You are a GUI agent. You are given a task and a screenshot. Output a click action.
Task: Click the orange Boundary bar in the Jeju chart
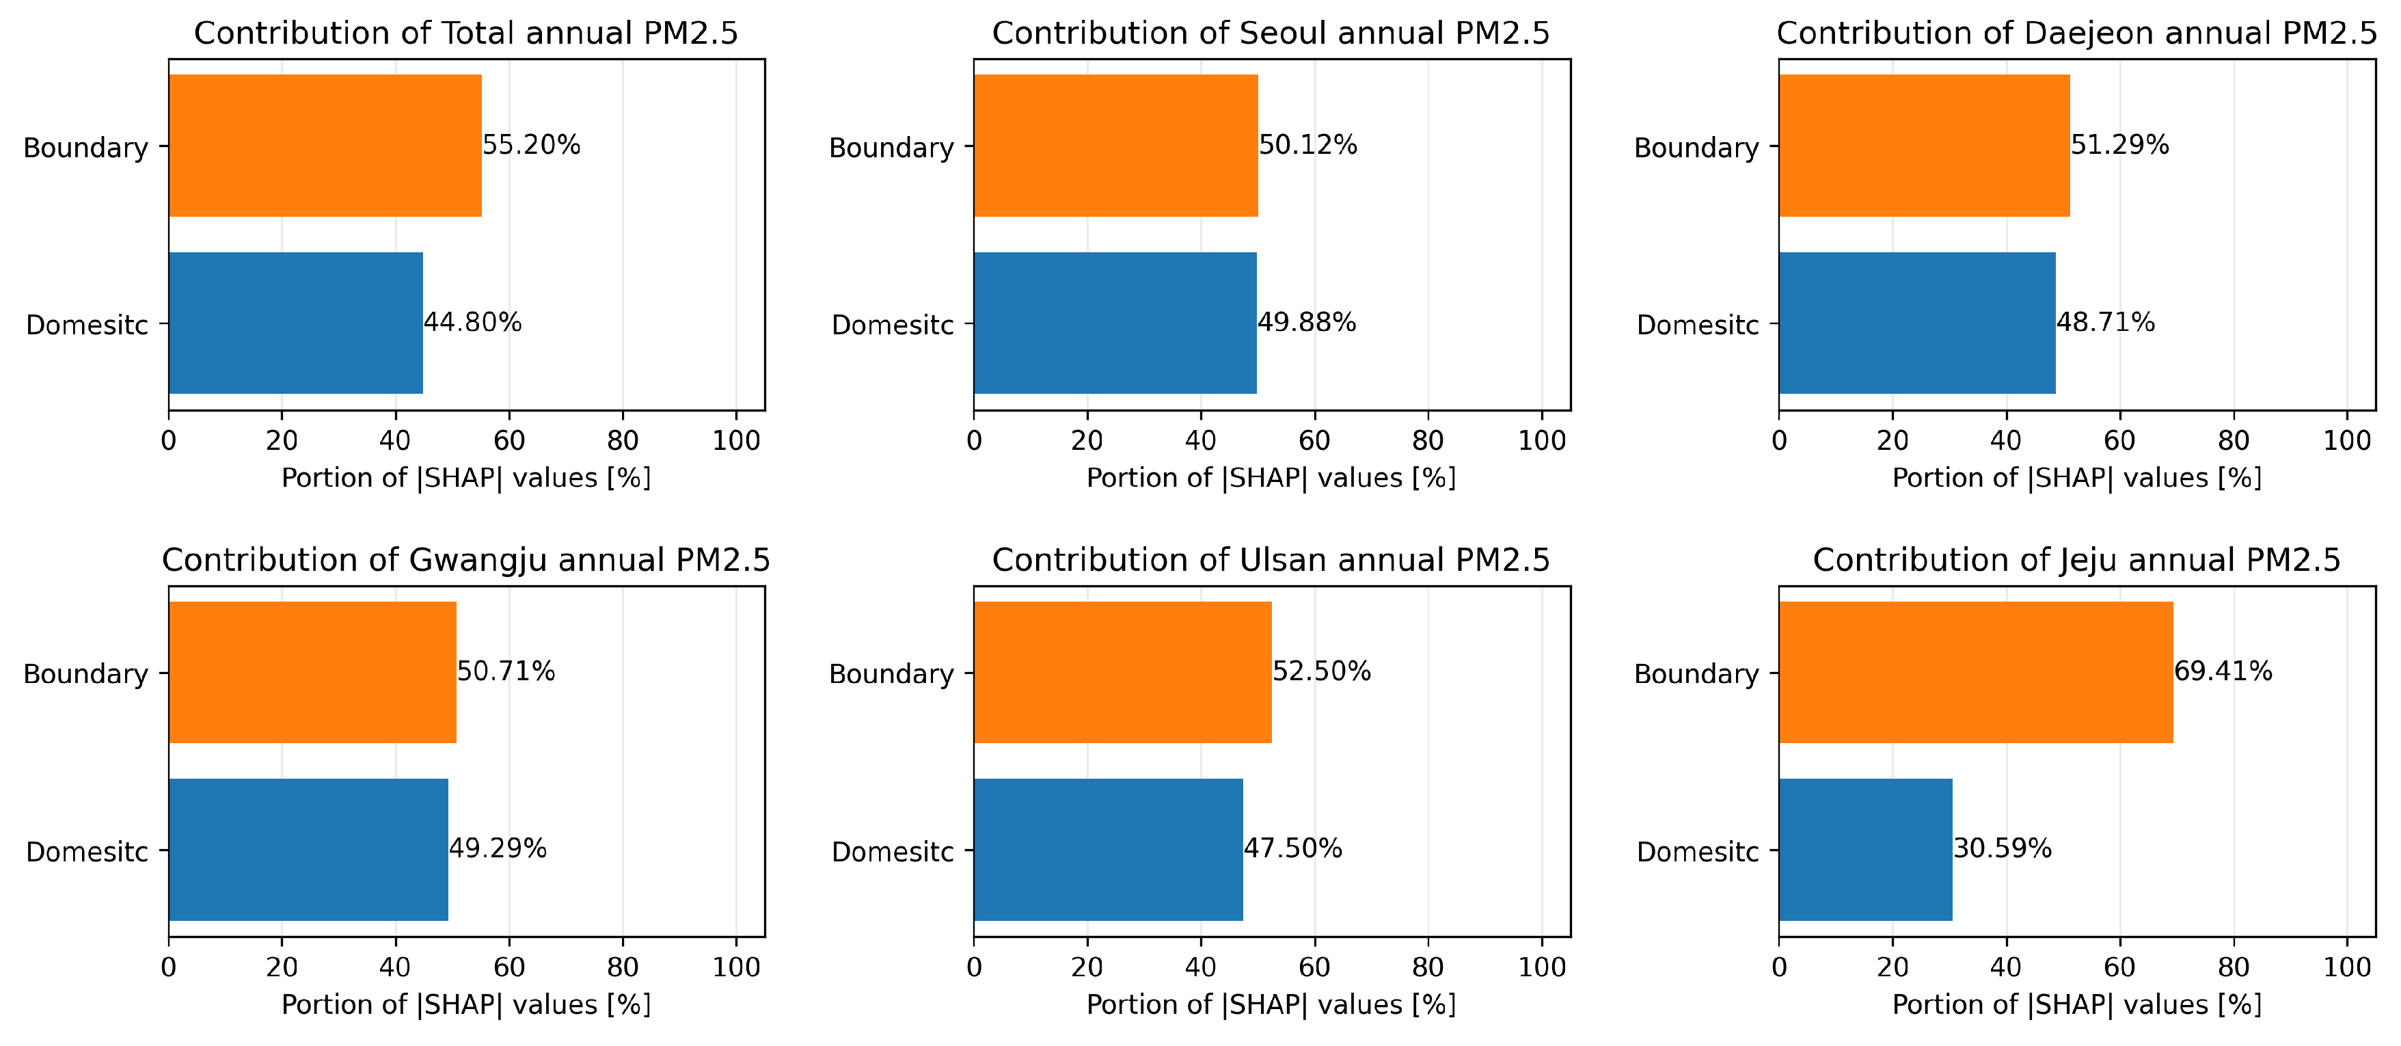coord(1975,672)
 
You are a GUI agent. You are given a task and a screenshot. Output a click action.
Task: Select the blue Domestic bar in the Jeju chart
coord(1865,849)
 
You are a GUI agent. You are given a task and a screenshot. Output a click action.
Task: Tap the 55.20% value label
coord(531,146)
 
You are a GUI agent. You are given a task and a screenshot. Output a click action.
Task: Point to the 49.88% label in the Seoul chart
coord(1307,323)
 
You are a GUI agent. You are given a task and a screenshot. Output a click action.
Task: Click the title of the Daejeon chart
coord(2076,33)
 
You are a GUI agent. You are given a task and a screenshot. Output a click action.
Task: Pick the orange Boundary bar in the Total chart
coord(325,146)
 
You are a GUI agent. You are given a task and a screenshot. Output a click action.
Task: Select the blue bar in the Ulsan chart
coord(1108,849)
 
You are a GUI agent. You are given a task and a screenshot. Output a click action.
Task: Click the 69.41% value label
coord(2223,671)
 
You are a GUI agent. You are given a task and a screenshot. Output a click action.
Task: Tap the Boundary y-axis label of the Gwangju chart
coord(85,674)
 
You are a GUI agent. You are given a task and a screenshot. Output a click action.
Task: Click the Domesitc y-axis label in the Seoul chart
coord(892,325)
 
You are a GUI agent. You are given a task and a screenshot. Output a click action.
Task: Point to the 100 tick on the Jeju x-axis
coord(2347,967)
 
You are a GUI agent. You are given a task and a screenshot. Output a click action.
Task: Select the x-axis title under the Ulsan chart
coord(1271,1005)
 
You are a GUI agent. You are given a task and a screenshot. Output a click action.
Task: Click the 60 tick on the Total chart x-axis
coord(509,441)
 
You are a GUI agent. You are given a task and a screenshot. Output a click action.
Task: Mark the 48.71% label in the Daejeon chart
coord(2106,323)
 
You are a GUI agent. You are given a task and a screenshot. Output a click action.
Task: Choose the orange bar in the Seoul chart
coord(1115,146)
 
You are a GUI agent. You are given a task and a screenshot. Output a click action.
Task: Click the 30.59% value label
coord(2002,849)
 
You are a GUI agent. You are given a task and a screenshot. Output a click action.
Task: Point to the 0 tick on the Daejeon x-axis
coord(1779,441)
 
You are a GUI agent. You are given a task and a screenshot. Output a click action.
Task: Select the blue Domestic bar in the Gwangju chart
coord(308,849)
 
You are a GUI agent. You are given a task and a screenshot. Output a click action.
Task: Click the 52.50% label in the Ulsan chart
coord(1322,671)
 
